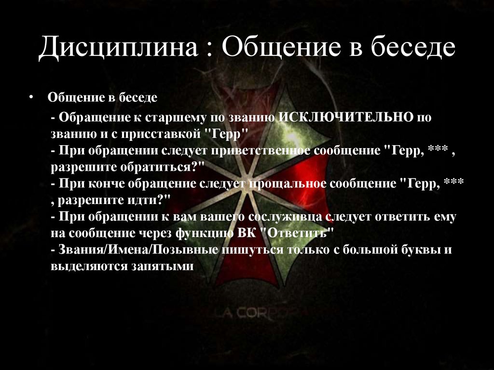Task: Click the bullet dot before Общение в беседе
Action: coord(30,97)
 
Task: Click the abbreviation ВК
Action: coord(248,233)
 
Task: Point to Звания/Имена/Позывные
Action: coord(139,249)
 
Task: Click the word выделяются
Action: coord(88,265)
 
